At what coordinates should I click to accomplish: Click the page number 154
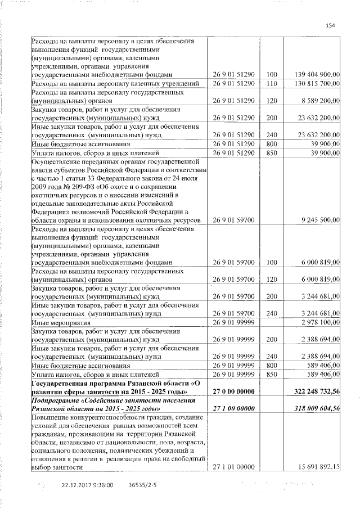tap(330, 25)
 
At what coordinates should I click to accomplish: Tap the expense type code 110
tap(272, 83)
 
